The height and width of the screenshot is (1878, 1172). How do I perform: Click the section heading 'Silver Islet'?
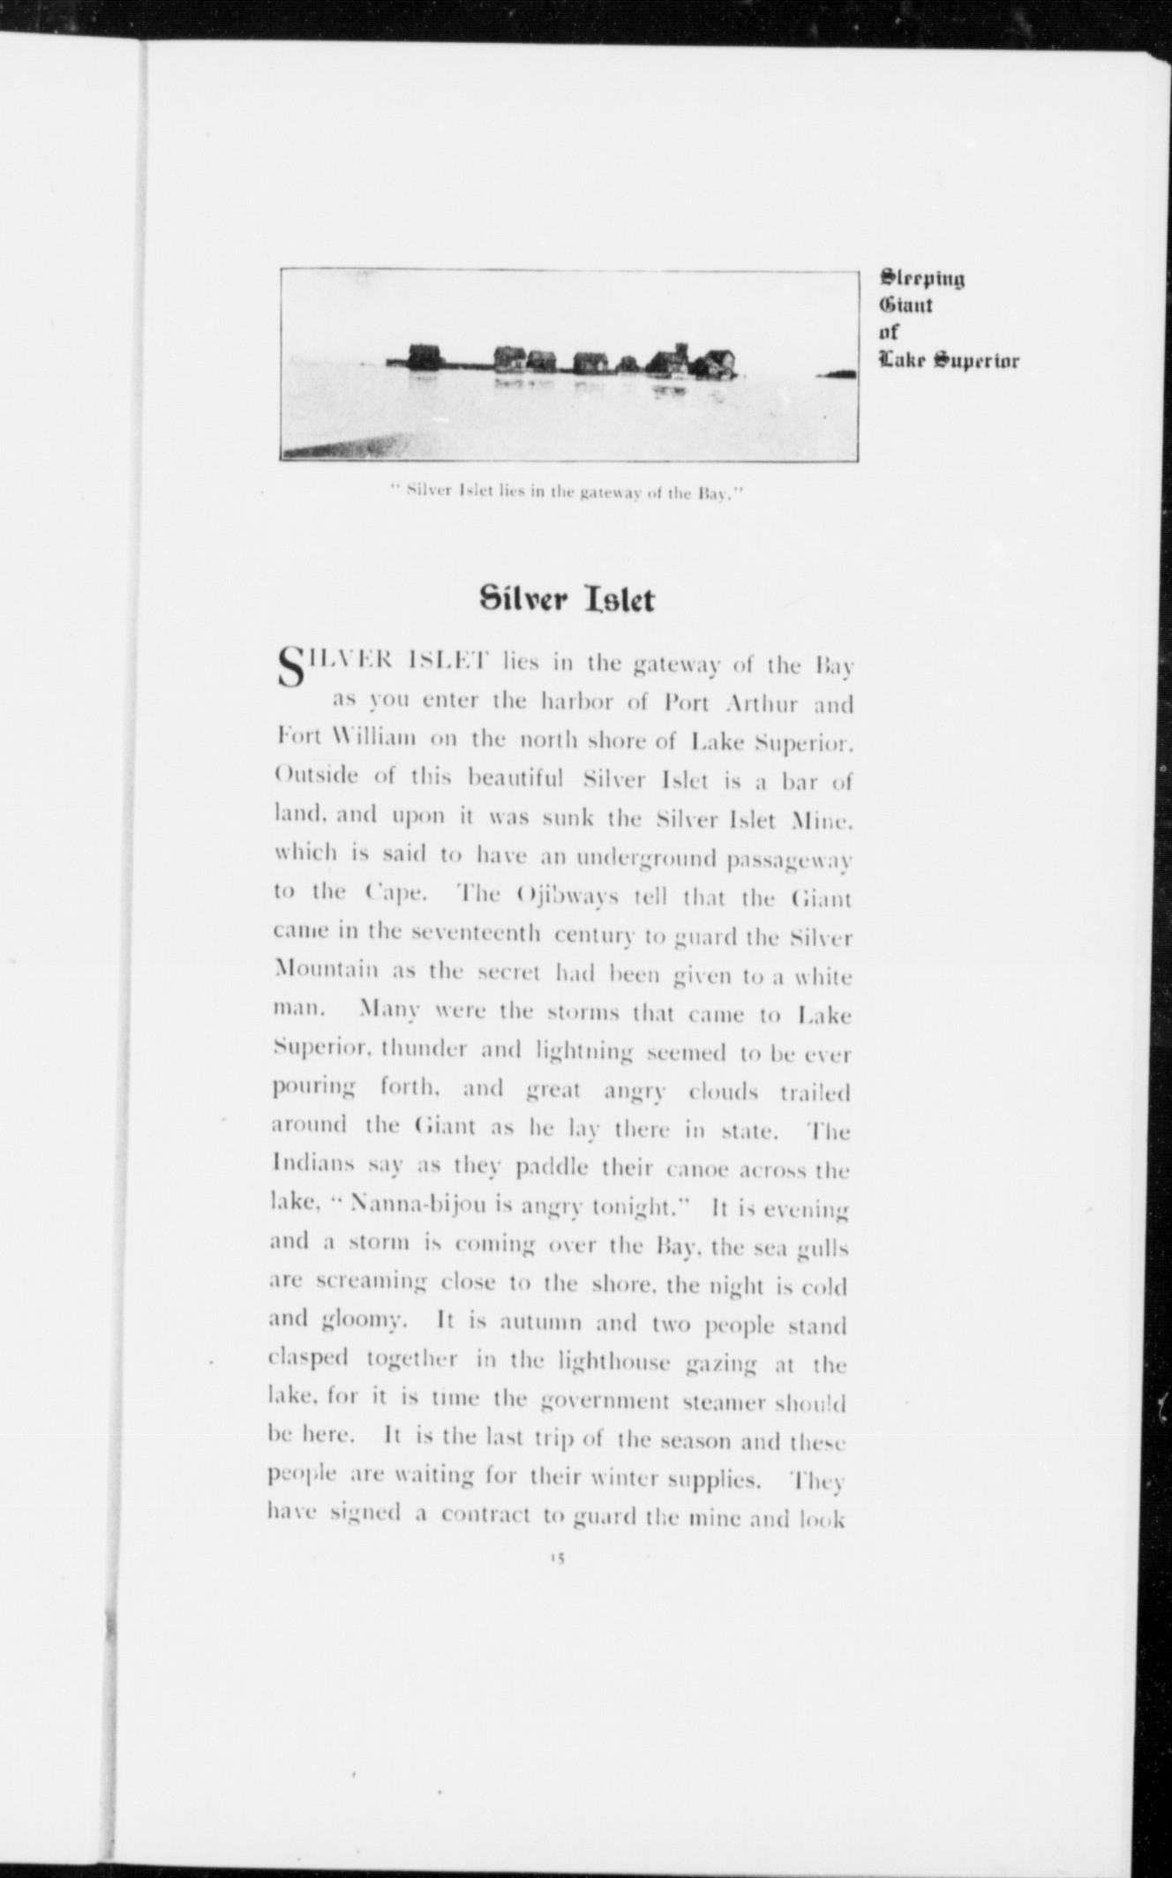click(567, 600)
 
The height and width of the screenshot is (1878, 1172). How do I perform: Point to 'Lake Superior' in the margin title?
click(949, 361)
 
